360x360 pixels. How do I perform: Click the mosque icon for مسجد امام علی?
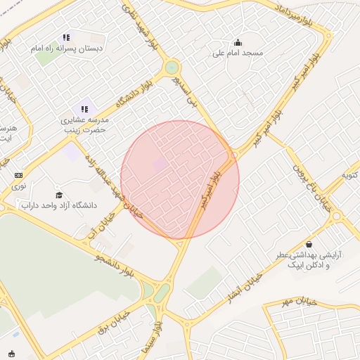(238, 42)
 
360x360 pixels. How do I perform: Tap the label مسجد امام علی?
(238, 53)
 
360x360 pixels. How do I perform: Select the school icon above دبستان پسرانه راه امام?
(66, 37)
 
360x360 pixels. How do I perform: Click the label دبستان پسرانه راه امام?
(66, 49)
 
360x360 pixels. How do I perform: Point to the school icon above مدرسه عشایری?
(84, 109)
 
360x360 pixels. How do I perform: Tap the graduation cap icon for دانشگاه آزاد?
(59, 195)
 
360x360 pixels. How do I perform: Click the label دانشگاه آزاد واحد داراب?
(59, 206)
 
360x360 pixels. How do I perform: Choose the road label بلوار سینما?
(157, 341)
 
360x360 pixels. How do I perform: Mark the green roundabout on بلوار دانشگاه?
(171, 68)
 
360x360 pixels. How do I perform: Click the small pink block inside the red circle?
(160, 165)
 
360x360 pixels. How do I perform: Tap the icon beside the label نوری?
(18, 175)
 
